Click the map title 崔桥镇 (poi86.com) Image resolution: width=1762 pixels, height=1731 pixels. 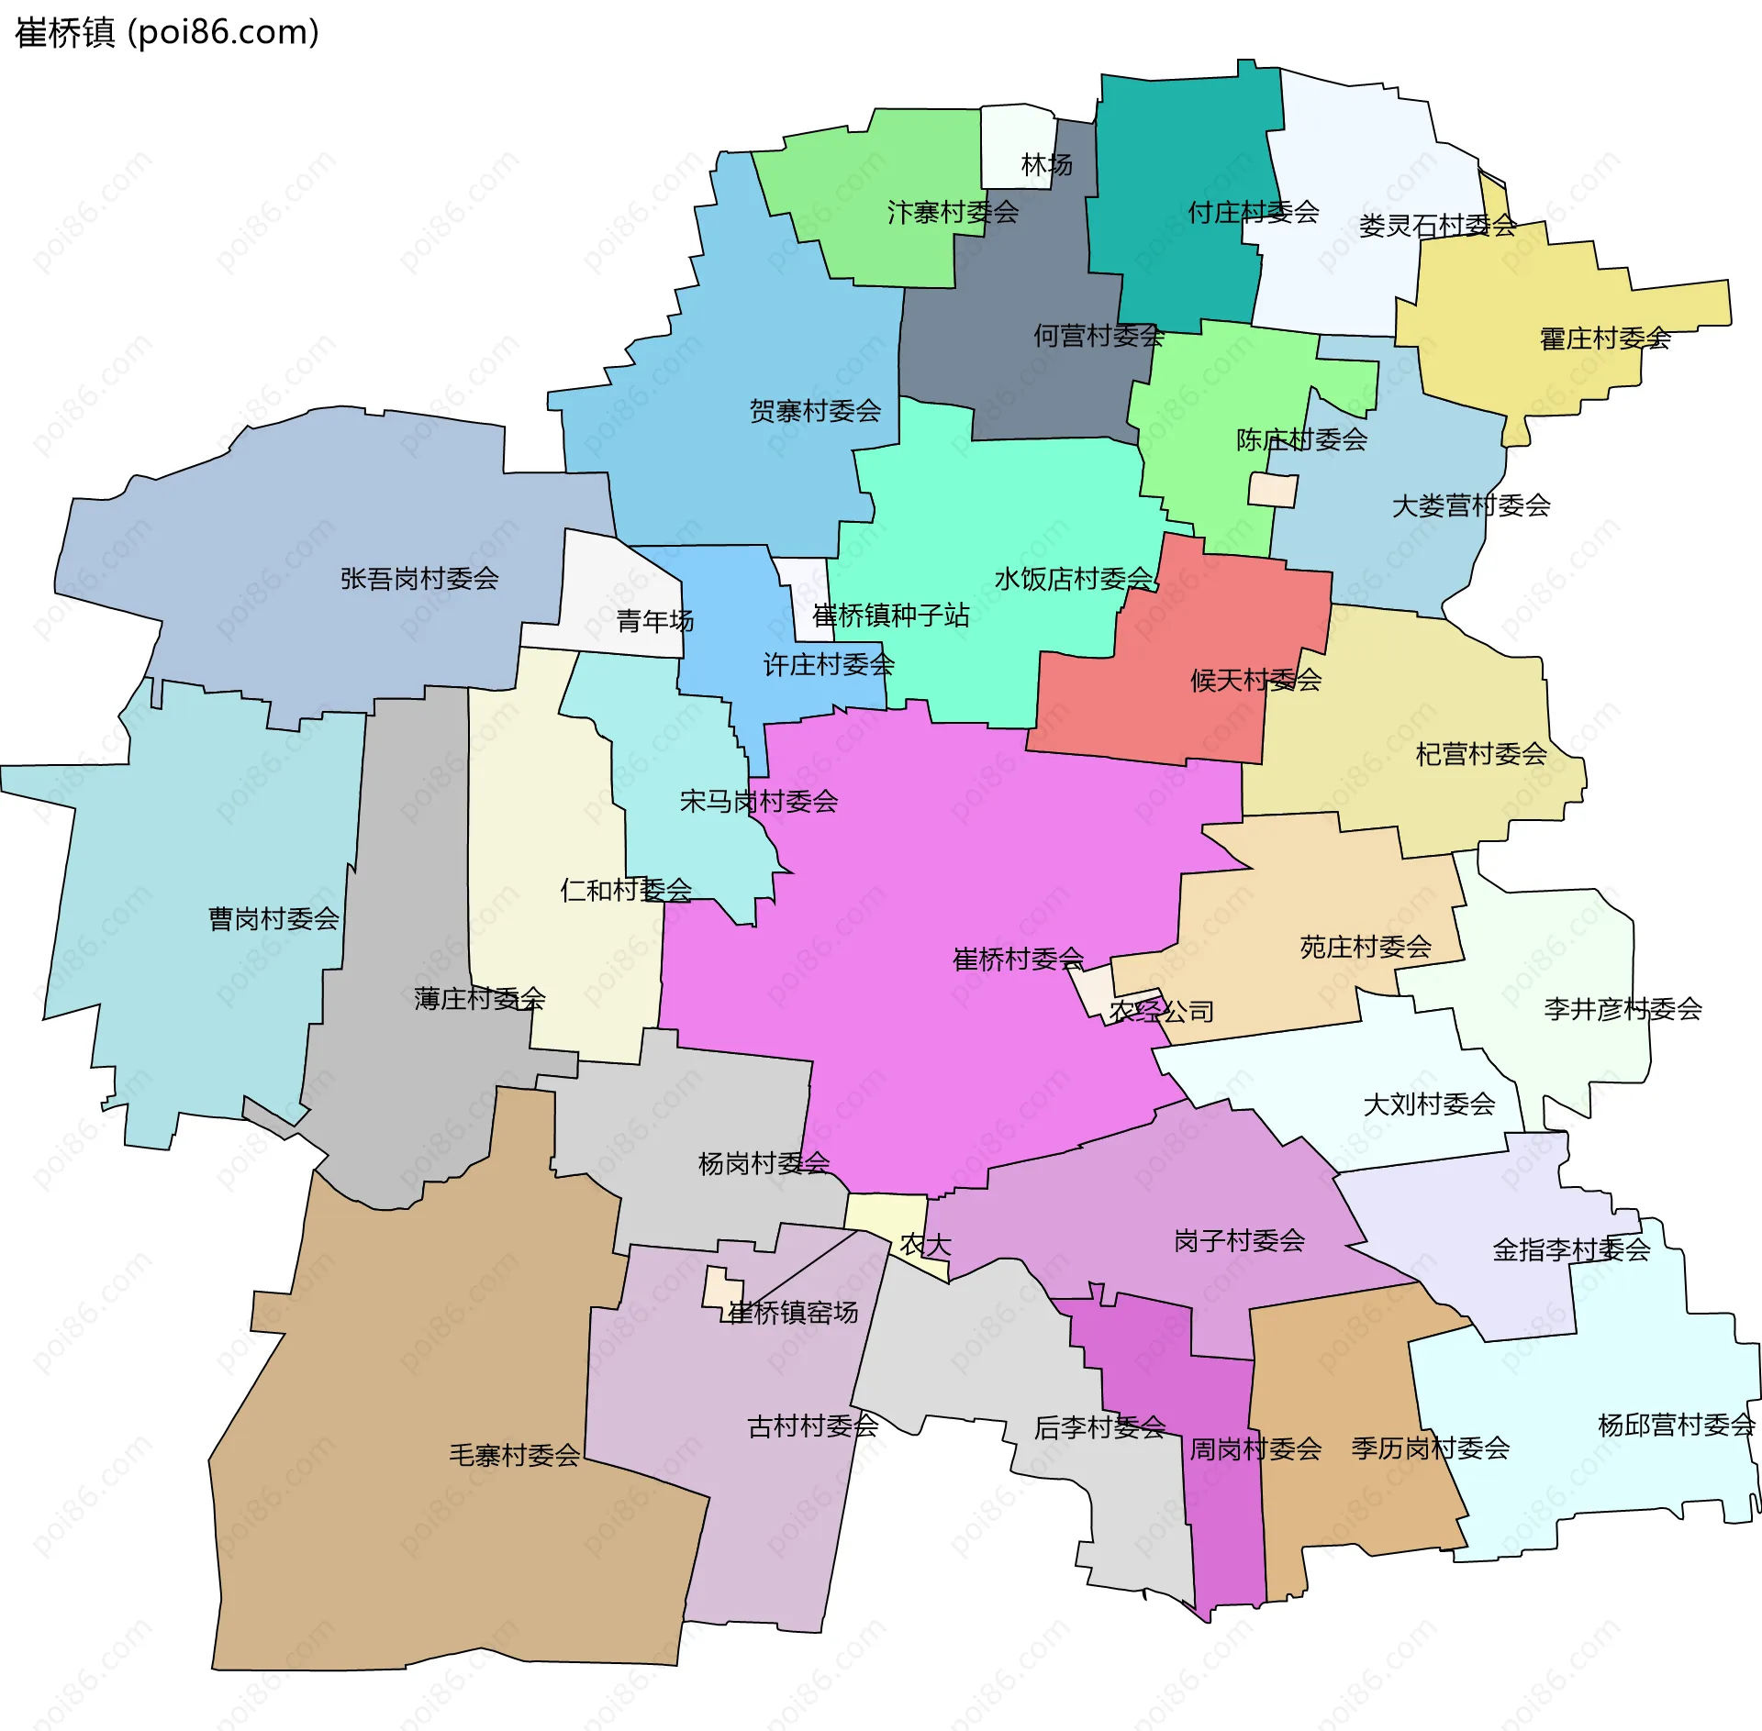[167, 33]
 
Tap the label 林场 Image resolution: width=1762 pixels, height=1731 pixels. [1046, 165]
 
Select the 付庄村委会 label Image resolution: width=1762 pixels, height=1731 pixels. [1253, 213]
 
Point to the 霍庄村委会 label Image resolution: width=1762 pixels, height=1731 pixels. [1604, 339]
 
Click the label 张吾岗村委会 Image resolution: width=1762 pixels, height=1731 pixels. [419, 579]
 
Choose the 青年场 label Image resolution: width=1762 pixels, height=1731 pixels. [654, 621]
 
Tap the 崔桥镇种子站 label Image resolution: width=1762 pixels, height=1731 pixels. [890, 615]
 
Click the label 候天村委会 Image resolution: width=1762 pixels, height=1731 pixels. [1255, 680]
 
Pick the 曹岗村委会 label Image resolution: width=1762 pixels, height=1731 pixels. [273, 918]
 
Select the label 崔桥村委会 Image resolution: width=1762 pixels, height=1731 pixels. [1018, 960]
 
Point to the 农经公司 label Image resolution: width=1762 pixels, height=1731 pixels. [1161, 1012]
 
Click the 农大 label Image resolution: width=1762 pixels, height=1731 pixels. [925, 1245]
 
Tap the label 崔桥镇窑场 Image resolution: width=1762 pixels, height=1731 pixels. [793, 1313]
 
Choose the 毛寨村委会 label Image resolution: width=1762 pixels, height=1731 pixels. [514, 1455]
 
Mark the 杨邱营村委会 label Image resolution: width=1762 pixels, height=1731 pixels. [1676, 1425]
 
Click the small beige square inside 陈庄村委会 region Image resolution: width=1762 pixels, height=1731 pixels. [1273, 490]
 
